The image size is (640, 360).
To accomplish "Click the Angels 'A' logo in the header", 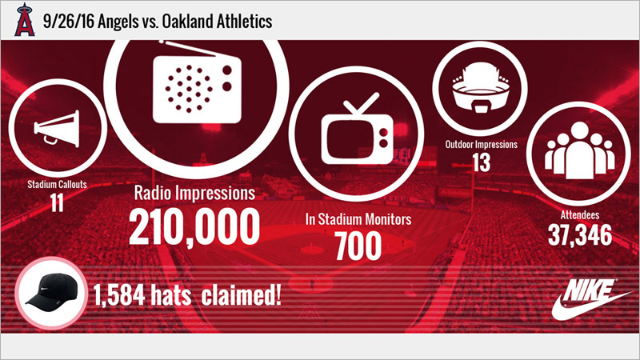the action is (x=25, y=20).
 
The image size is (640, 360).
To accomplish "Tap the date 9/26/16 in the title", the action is (x=68, y=22).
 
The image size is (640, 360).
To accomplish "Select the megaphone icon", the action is (x=57, y=128).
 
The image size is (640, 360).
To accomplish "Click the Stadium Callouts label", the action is (x=57, y=184).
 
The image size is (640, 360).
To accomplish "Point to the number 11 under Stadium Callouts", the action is (x=57, y=202).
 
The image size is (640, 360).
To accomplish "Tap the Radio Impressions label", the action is (x=194, y=193).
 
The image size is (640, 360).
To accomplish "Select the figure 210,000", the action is (x=194, y=226).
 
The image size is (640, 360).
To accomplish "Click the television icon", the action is (x=357, y=129).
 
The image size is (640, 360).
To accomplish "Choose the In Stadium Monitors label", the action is (x=358, y=219).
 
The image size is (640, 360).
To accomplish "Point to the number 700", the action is (x=358, y=246).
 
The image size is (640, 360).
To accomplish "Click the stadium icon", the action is (x=481, y=87).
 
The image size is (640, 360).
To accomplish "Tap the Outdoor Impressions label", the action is (x=482, y=144).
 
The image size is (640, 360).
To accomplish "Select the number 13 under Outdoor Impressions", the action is (x=482, y=162).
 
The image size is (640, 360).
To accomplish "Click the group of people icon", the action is (x=579, y=150).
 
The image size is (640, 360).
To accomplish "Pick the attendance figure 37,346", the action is (x=580, y=235).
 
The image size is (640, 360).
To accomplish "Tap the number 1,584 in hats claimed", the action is (x=119, y=294).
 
